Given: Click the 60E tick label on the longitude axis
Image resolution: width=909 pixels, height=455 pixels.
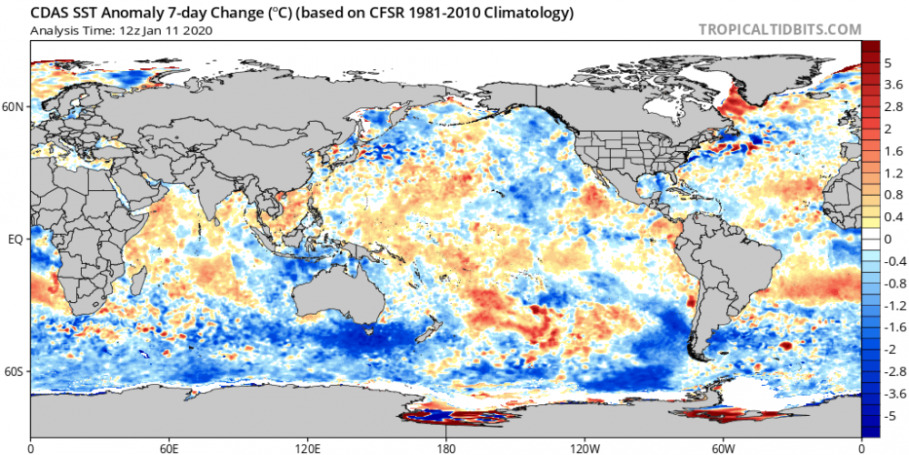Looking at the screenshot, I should (169, 448).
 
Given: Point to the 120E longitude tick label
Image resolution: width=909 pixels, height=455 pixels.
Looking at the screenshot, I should (308, 448).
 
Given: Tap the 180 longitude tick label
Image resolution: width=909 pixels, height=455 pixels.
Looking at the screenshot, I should (446, 448).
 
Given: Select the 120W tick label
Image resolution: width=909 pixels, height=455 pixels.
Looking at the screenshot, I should (584, 448).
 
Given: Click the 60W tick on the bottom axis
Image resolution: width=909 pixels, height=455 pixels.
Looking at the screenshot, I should (724, 448).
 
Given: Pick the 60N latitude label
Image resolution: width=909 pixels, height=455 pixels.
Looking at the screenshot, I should (14, 106).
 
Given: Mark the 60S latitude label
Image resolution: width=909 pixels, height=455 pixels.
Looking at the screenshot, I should (14, 372).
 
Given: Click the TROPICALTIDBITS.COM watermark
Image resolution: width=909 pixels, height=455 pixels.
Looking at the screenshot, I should (779, 29).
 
